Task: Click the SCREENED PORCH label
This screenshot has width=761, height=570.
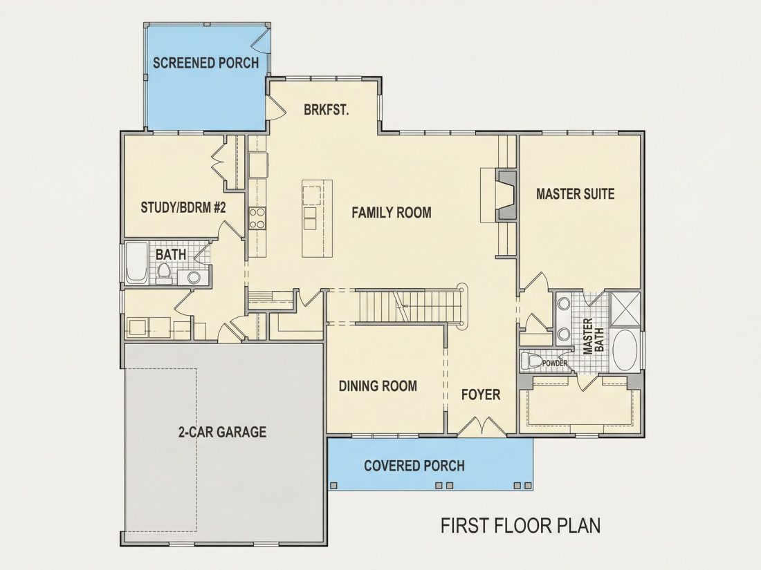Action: point(205,63)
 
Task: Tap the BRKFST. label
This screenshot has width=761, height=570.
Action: point(327,110)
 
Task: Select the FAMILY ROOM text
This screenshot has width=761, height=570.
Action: point(391,212)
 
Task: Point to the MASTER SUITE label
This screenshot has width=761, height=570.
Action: point(575,194)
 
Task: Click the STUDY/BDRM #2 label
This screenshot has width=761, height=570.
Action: point(183,207)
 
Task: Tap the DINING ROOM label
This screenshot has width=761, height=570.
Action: point(378,386)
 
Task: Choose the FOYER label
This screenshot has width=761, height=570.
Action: point(481,395)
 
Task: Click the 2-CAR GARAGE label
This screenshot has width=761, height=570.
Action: point(222,431)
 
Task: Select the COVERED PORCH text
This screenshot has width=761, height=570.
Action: point(414,466)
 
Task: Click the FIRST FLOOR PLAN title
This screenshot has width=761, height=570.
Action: point(520,525)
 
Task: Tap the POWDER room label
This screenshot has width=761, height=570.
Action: point(555,363)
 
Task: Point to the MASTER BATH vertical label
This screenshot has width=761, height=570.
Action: point(593,336)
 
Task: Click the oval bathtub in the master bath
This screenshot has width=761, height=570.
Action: point(625,351)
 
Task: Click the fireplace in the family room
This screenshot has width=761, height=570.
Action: point(506,195)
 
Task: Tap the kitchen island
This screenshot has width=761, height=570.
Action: point(317,218)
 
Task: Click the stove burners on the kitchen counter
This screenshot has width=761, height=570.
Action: point(257,218)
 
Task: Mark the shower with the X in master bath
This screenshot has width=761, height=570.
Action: point(624,310)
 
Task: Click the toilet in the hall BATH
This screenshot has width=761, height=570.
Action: point(165,272)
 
